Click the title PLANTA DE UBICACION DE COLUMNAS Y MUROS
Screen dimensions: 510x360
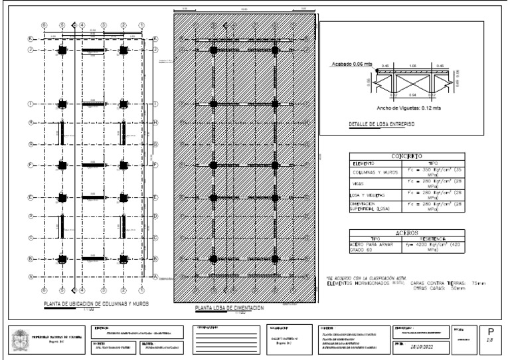coord(96,304)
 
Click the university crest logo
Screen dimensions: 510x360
coord(19,339)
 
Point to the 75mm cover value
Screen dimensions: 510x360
coord(477,283)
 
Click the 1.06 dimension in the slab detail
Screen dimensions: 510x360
coord(412,66)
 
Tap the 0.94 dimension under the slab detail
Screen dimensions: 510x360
coord(412,94)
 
